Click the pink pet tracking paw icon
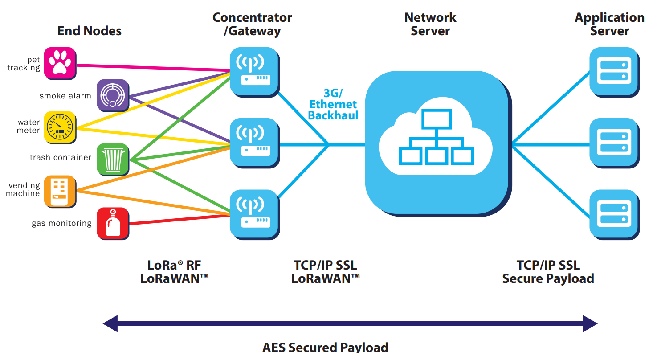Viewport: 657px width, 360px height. click(60, 63)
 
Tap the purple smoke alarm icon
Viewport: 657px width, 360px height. click(113, 95)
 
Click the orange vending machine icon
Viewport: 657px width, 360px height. click(60, 191)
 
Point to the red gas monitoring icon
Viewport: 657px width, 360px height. click(113, 223)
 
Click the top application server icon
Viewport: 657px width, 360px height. click(613, 71)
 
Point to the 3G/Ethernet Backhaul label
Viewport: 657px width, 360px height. click(333, 104)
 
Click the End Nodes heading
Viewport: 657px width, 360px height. click(89, 31)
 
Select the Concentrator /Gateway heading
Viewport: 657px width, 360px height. click(252, 24)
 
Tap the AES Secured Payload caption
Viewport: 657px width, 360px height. click(325, 348)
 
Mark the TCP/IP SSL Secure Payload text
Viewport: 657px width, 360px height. click(548, 272)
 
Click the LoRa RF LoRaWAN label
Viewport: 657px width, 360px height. click(174, 272)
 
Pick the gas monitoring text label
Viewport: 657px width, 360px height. click(61, 224)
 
